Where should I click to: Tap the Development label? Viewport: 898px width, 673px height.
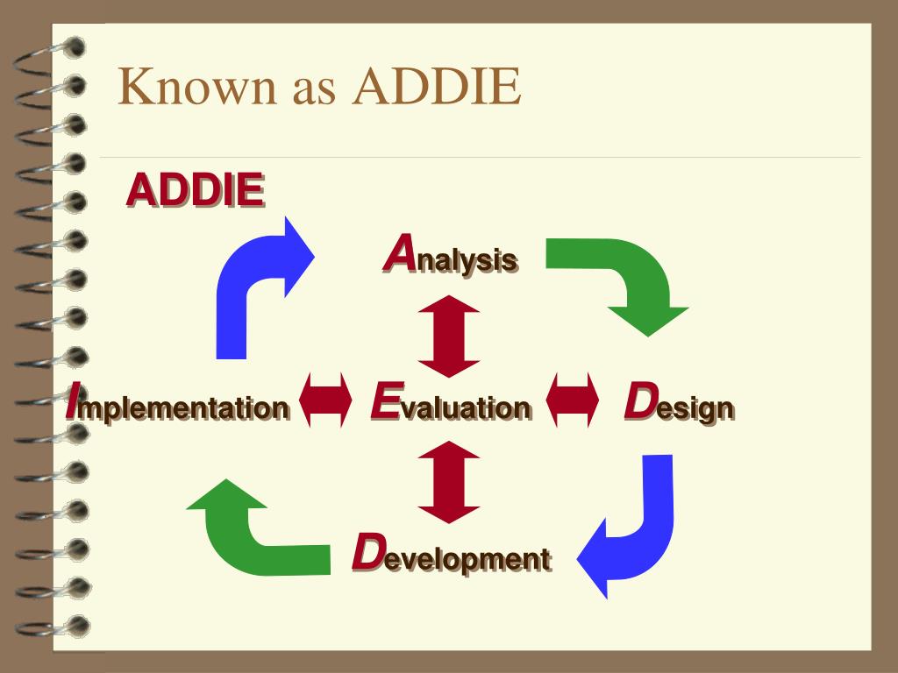click(x=452, y=554)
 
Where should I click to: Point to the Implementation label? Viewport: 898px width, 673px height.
click(x=177, y=403)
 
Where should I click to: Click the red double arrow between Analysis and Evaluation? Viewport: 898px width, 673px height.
click(x=448, y=336)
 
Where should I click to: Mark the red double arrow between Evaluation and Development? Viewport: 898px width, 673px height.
click(x=448, y=483)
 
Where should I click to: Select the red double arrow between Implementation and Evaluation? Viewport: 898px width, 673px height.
click(x=326, y=400)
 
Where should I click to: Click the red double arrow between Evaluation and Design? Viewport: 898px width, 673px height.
click(x=572, y=400)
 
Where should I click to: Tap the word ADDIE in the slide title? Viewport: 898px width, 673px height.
click(x=437, y=86)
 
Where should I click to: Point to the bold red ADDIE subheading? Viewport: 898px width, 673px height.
click(x=196, y=189)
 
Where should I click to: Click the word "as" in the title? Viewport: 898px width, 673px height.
click(x=314, y=91)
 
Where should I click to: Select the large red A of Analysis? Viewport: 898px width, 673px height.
click(x=400, y=251)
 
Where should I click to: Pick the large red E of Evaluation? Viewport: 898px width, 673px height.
click(x=385, y=400)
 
